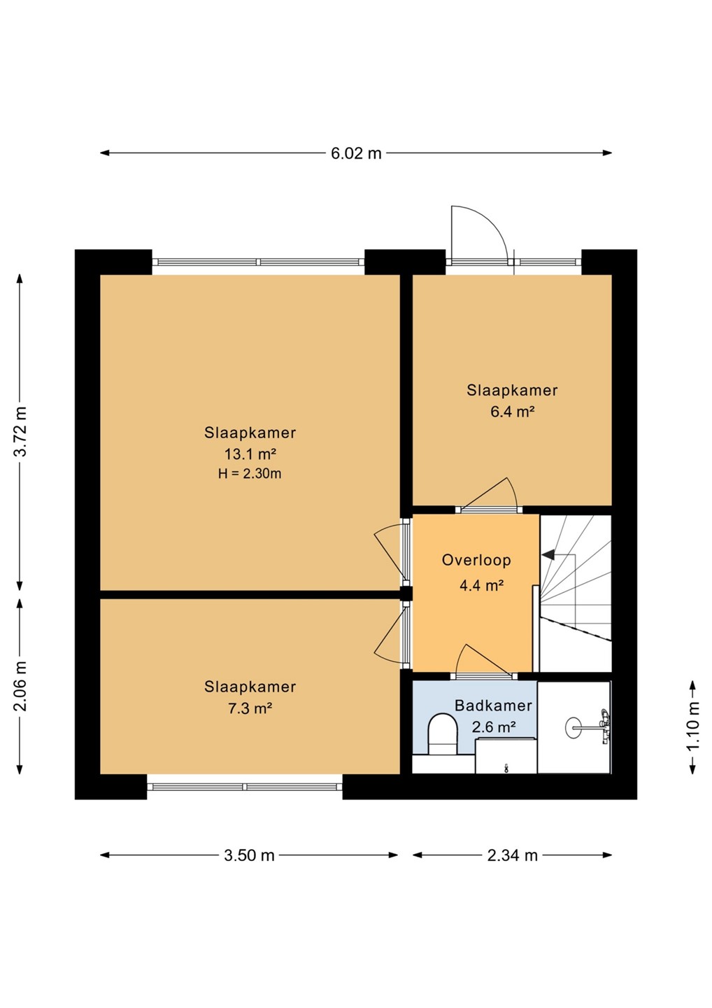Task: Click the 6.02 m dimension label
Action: pos(356,153)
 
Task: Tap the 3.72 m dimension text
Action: pos(21,432)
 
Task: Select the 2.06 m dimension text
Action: pos(21,686)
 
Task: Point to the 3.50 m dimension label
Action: pos(249,855)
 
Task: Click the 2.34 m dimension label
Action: pos(513,855)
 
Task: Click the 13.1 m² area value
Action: pos(250,454)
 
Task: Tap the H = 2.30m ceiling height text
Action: pos(250,473)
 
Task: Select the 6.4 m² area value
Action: pos(512,412)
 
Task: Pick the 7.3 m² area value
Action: pos(250,708)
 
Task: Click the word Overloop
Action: pos(476,560)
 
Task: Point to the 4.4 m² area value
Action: pos(481,585)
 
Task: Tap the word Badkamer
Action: pos(493,705)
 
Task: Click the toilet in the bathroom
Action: pos(443,735)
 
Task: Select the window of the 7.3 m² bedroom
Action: pos(245,787)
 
